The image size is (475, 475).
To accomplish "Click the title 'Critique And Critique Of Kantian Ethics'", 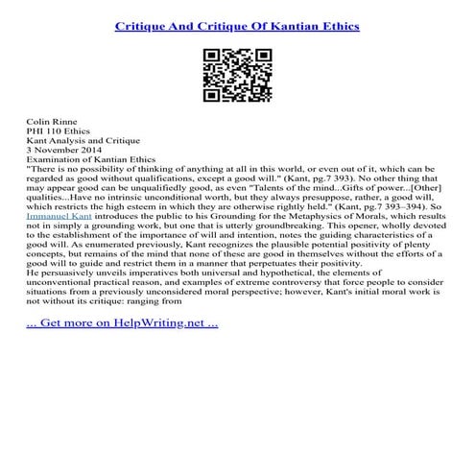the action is [237, 26].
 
